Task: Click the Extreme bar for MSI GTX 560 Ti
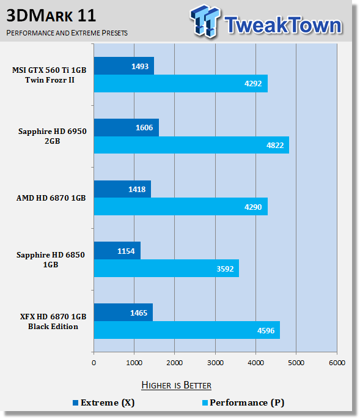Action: click(124, 65)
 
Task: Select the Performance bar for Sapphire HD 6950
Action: click(191, 145)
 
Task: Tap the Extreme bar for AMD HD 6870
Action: click(122, 189)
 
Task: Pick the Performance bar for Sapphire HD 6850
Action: click(166, 269)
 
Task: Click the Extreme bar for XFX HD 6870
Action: click(123, 312)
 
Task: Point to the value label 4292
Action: click(253, 84)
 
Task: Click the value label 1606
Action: click(144, 128)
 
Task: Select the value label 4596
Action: click(266, 331)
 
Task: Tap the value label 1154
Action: click(126, 251)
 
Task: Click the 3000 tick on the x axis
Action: click(215, 363)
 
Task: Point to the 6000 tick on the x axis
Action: click(337, 363)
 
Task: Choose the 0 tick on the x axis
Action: click(94, 363)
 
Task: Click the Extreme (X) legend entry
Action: click(104, 402)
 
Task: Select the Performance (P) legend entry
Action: click(243, 402)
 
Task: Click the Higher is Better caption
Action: click(176, 385)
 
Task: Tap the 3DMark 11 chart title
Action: click(51, 15)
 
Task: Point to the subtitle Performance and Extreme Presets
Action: click(67, 33)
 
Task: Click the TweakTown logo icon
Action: click(205, 21)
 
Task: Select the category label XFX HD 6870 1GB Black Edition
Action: click(53, 322)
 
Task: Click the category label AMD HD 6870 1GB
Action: click(51, 198)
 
